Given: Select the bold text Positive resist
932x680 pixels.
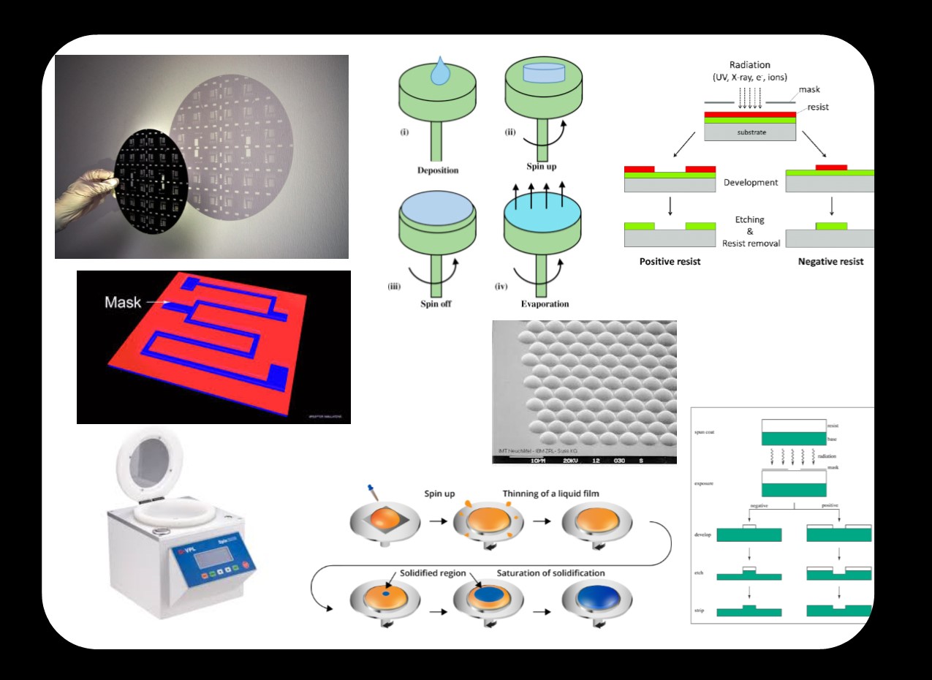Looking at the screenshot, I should click(x=670, y=261).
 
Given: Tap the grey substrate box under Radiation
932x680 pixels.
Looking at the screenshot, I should click(x=749, y=132).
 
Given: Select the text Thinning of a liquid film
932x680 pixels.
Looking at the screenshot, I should click(x=550, y=494).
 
